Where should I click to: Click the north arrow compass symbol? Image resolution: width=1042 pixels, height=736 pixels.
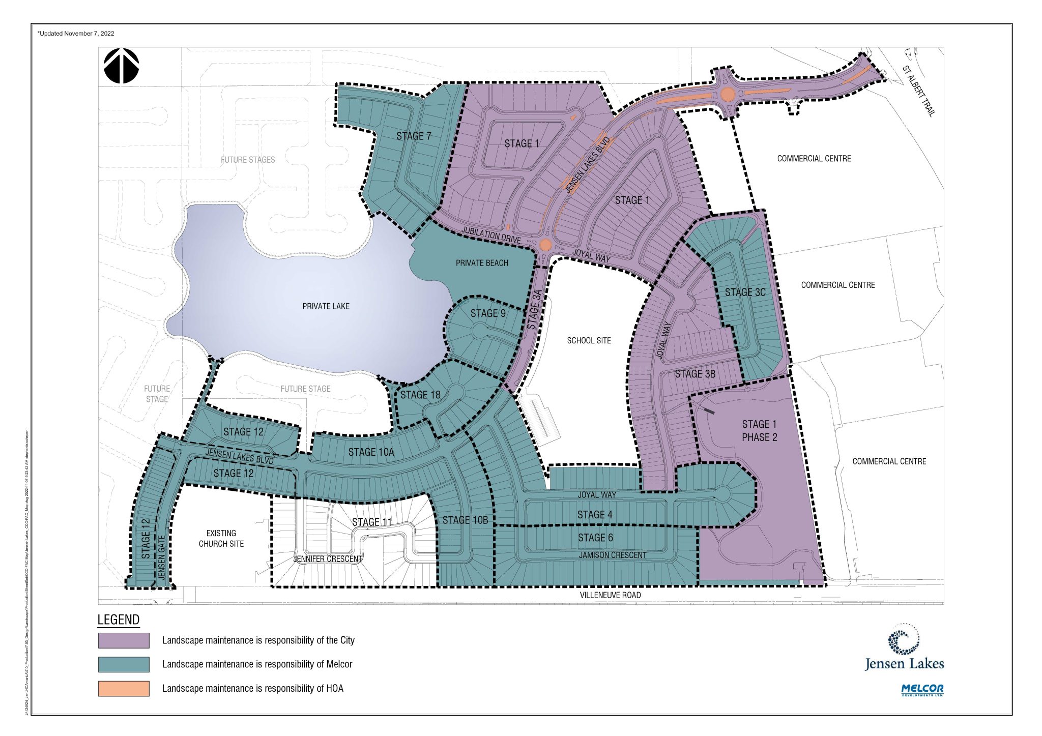coord(121,66)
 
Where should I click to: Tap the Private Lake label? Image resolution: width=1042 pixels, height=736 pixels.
coord(326,306)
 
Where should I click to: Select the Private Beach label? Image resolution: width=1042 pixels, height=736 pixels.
coord(482,263)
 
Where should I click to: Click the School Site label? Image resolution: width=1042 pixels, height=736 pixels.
coord(589,340)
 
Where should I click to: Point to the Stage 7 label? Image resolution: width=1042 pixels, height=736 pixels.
coord(414,136)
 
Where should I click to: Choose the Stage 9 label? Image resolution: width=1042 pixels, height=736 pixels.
coord(488,313)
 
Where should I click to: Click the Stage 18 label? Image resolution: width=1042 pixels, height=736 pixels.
coord(420,395)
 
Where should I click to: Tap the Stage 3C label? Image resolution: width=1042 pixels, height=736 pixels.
coord(745,292)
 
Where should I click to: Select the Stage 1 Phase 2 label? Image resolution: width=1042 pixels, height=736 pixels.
coord(759,431)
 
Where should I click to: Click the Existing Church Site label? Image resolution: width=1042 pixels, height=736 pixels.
coord(221,538)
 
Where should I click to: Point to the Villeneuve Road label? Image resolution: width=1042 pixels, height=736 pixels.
coord(610,595)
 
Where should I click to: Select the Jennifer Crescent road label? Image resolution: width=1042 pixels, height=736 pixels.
coord(328,558)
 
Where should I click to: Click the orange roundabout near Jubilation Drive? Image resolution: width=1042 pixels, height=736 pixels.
coord(545,245)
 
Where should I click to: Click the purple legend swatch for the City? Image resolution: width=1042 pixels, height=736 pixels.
coord(124,640)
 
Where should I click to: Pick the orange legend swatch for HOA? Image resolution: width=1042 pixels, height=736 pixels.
coord(124,688)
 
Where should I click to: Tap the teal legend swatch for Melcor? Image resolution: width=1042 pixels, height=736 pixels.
coord(124,664)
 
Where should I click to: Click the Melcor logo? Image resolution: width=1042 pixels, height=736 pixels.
coord(922,690)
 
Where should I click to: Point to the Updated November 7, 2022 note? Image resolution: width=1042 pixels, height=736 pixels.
coord(76,34)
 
